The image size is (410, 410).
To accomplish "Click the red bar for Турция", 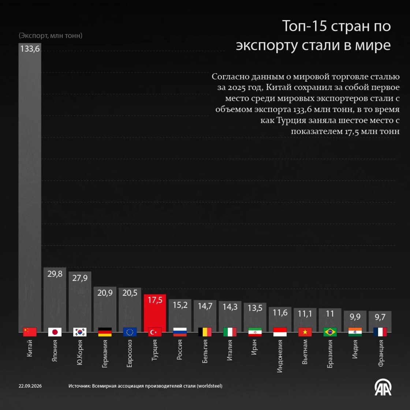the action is point(155,313).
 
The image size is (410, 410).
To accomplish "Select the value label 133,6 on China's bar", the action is point(30,49).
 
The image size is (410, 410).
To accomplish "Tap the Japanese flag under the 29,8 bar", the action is point(55,332).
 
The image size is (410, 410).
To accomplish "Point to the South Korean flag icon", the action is point(80,332).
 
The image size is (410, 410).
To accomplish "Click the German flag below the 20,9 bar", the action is point(105,332).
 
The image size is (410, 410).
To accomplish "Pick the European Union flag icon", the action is point(130,332).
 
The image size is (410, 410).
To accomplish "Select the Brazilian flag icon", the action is point(330,332).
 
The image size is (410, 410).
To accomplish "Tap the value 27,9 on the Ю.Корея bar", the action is point(80,278).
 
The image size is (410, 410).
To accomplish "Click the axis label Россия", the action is point(179,350).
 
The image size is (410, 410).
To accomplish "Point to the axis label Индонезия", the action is point(280,356).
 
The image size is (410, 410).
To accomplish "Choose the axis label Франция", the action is point(381,353).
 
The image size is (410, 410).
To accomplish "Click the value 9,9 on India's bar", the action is point(355,317).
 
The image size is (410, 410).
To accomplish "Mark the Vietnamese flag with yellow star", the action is point(305,332).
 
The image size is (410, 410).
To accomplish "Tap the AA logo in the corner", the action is point(383,387).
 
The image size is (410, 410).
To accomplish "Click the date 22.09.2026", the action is point(30,386).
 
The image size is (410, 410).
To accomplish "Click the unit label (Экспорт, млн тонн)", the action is point(51,36).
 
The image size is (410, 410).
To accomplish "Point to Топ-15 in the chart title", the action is point(305,26).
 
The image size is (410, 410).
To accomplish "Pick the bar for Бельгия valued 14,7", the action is point(205,316).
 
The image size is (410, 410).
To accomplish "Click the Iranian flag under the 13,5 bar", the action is point(255,332).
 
